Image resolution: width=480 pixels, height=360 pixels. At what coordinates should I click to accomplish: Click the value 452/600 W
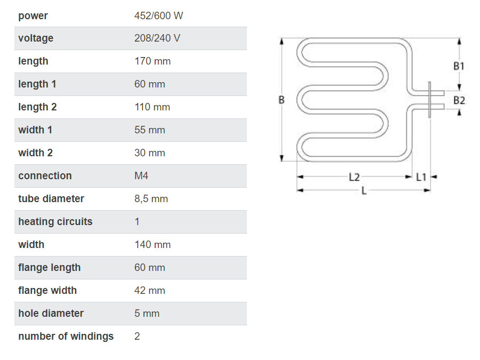click(x=158, y=15)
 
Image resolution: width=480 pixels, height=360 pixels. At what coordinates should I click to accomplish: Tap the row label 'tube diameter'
click(x=51, y=198)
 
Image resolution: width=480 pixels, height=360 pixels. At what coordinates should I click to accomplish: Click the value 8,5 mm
click(x=151, y=198)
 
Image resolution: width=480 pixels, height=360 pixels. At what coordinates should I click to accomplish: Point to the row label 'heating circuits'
click(x=55, y=221)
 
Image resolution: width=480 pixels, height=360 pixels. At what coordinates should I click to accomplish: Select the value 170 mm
click(x=153, y=61)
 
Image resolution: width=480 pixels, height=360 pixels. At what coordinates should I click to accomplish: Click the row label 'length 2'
click(x=37, y=107)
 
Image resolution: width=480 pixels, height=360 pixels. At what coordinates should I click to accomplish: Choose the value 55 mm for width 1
click(x=150, y=130)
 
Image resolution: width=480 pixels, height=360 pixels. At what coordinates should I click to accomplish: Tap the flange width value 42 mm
click(x=150, y=290)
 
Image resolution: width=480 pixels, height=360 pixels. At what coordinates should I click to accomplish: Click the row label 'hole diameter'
click(x=51, y=313)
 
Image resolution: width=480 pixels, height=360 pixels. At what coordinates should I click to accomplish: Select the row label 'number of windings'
click(x=66, y=336)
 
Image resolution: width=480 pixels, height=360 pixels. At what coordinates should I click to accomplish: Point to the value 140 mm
click(x=153, y=244)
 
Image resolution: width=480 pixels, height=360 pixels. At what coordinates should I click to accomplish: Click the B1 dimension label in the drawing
click(x=459, y=66)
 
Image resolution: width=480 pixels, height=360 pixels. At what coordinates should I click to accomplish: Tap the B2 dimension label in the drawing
click(x=459, y=100)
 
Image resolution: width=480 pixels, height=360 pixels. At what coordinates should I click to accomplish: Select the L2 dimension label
click(x=354, y=177)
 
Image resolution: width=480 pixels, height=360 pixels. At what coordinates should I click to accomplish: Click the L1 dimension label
click(x=421, y=177)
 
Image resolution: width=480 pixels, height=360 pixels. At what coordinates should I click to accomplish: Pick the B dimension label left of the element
click(x=282, y=100)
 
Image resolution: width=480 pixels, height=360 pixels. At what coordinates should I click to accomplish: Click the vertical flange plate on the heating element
click(x=430, y=100)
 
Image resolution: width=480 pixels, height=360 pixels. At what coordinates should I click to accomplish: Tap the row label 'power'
click(x=33, y=15)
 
